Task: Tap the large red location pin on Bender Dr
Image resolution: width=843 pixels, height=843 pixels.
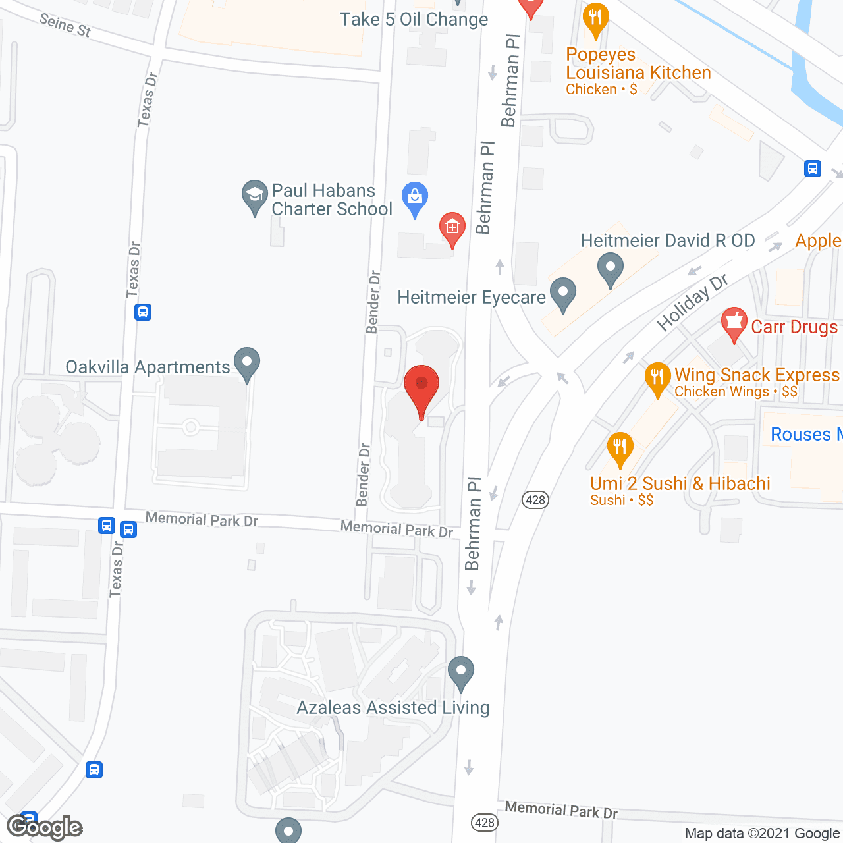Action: click(x=421, y=387)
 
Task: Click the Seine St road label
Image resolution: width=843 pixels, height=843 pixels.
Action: click(x=65, y=25)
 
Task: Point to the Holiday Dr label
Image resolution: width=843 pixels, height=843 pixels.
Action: click(x=692, y=302)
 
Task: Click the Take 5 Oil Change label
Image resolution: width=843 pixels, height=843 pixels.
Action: click(x=414, y=20)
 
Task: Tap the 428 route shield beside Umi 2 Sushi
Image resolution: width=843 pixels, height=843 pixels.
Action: click(x=535, y=500)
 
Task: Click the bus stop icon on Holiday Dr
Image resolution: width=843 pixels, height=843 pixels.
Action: click(x=813, y=169)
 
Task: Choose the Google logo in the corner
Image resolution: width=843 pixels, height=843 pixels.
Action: click(x=45, y=827)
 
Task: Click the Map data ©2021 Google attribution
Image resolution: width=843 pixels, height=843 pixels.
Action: click(x=763, y=834)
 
